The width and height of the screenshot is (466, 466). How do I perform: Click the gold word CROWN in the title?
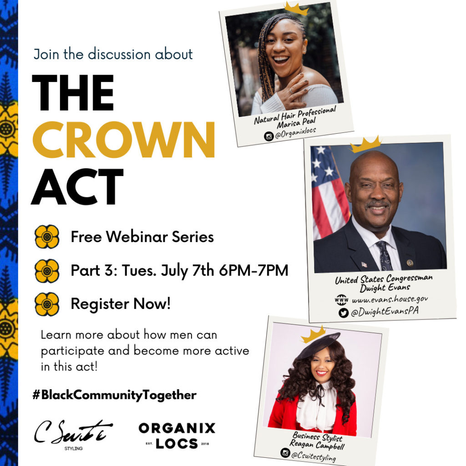[x=123, y=140]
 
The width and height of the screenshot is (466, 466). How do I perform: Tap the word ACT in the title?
[x=77, y=187]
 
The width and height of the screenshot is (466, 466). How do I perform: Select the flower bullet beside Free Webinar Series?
[x=47, y=237]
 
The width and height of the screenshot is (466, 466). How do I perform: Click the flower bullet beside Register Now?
[x=47, y=304]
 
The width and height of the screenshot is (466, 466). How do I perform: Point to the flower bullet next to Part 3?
[x=47, y=271]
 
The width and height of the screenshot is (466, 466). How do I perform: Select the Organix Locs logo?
[x=177, y=436]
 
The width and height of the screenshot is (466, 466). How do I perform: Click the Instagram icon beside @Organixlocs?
[x=268, y=137]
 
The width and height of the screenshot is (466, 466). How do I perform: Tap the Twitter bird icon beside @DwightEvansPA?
[x=344, y=313]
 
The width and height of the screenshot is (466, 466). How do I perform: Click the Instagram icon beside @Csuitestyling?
[x=285, y=453]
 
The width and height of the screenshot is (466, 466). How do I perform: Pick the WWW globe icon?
[x=341, y=300]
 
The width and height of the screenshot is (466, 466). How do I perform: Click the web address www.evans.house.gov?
[x=390, y=299]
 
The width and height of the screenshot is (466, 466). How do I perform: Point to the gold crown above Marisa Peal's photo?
[x=296, y=8]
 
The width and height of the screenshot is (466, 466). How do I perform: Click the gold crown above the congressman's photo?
[x=365, y=144]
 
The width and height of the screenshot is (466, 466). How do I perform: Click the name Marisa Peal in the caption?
[x=296, y=122]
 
